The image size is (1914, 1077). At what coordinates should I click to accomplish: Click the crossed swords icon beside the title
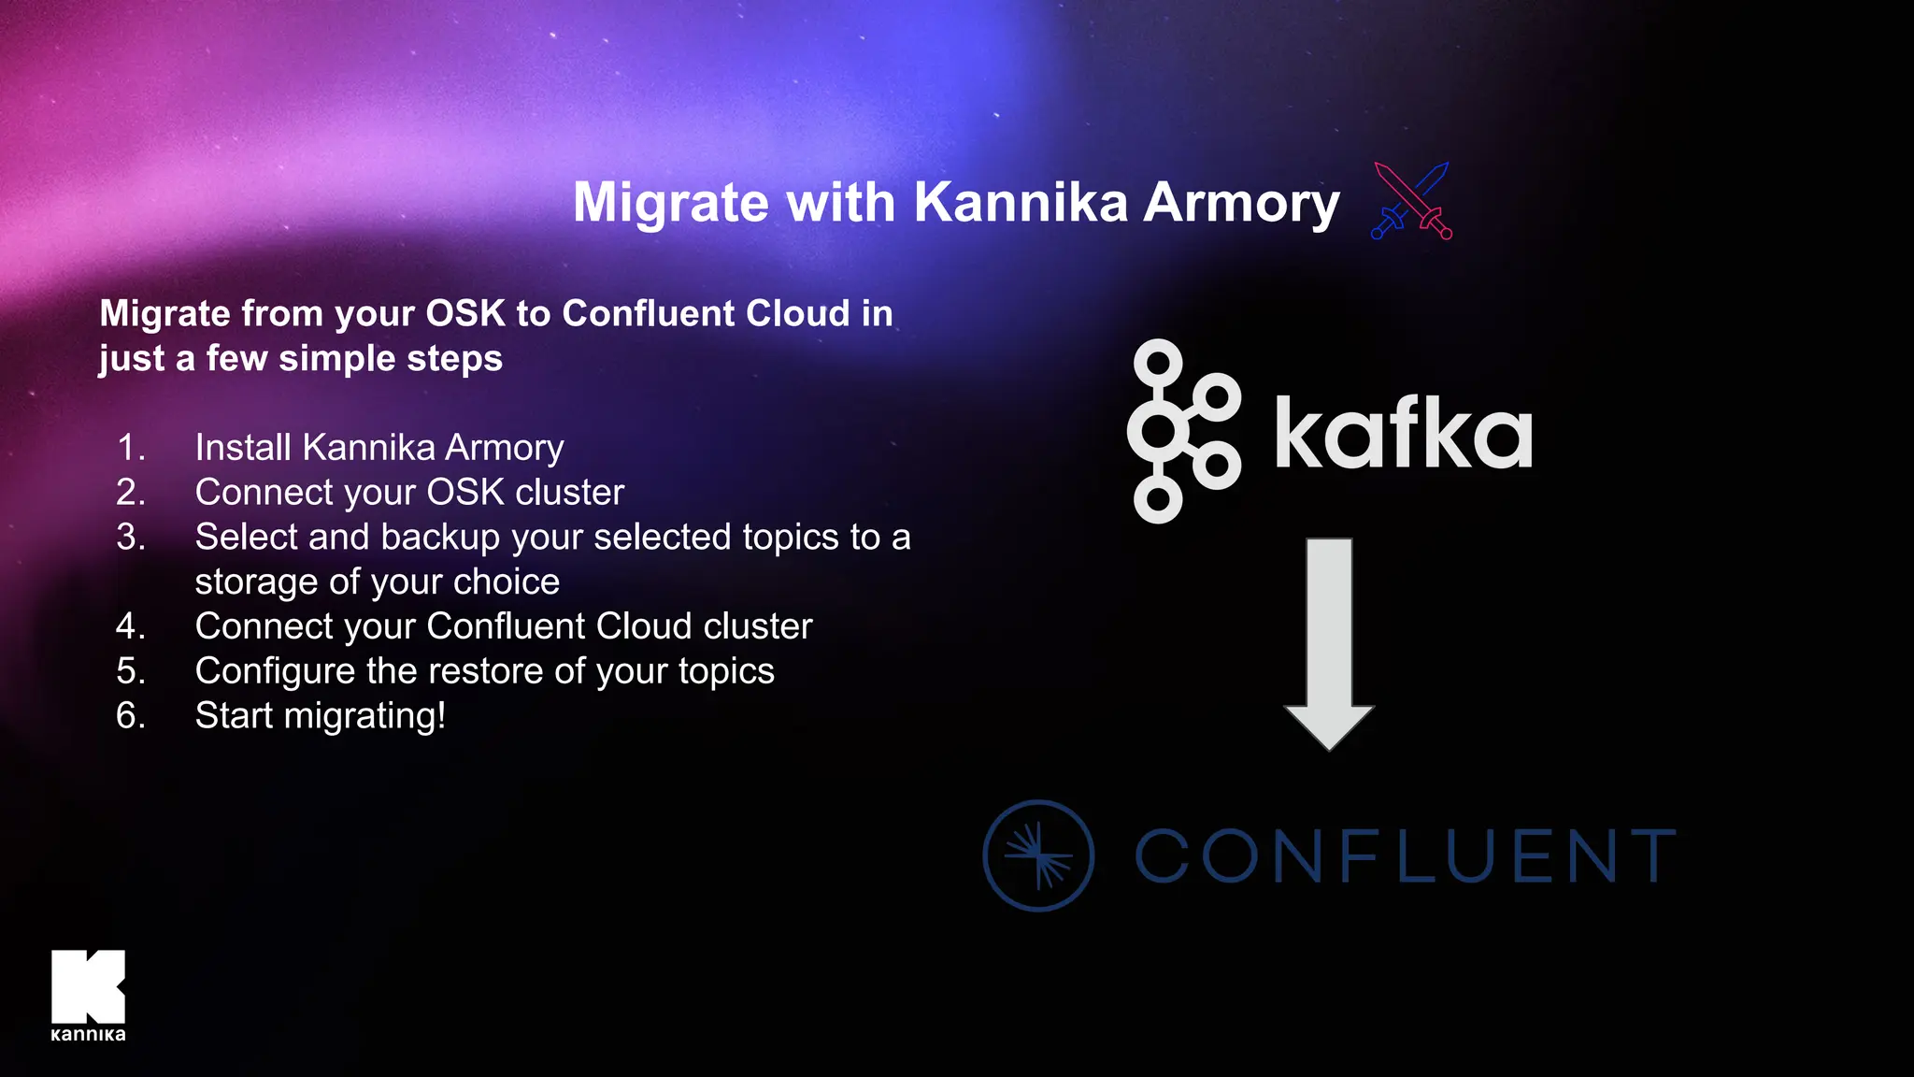(1411, 201)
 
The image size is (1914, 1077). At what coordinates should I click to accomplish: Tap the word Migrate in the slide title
(671, 203)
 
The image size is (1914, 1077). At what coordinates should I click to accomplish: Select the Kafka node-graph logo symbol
(1183, 431)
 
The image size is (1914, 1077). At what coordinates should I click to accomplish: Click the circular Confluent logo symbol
(1038, 855)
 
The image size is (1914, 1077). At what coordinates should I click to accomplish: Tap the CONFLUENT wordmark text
(1406, 855)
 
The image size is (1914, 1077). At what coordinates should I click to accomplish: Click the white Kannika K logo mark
(88, 986)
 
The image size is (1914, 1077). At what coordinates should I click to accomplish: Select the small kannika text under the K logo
(88, 1034)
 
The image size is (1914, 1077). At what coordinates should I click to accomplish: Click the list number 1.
(131, 448)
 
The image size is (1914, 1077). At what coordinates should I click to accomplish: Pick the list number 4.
(131, 626)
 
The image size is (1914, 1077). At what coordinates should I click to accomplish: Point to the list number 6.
(131, 716)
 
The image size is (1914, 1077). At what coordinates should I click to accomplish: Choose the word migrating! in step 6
(364, 716)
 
